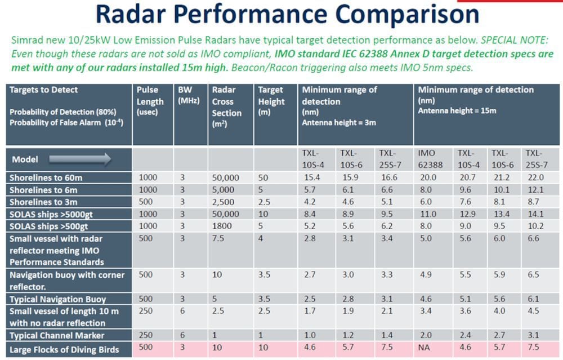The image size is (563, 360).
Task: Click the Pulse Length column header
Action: coord(150,101)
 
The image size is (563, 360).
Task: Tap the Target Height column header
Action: coord(271,101)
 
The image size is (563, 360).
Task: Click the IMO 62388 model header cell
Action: coord(431,159)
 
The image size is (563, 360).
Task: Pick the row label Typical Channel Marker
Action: coord(57,335)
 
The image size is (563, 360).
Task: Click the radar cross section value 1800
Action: coord(221,226)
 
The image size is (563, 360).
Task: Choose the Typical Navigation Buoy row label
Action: coord(57,299)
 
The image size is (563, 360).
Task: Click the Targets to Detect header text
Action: coord(43,90)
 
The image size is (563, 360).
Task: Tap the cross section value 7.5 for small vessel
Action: coord(218,238)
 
